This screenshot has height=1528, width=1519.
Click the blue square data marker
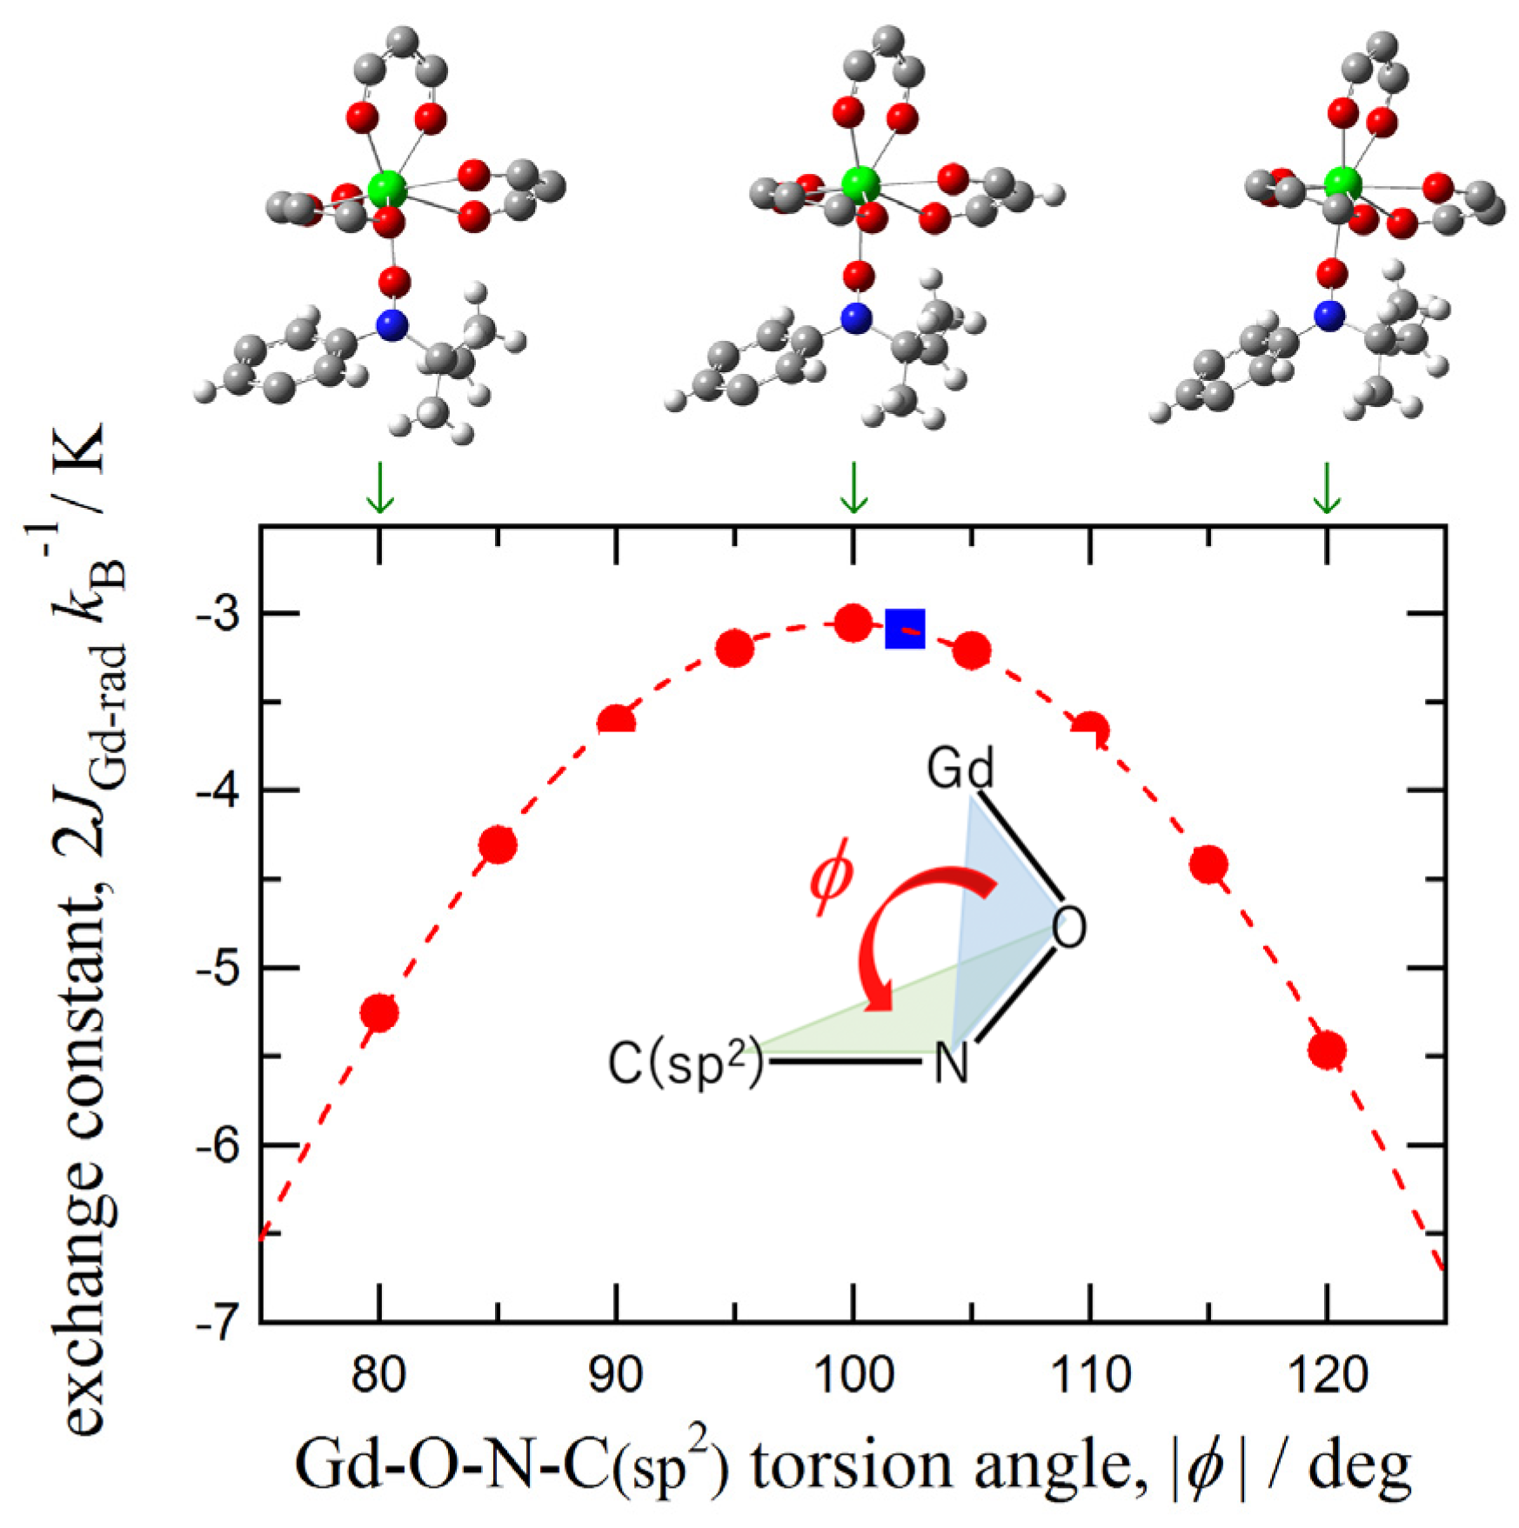point(905,628)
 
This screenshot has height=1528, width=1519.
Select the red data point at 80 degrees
point(379,1012)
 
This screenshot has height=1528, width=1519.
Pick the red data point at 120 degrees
point(1327,1050)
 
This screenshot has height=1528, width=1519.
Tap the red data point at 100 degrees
point(853,623)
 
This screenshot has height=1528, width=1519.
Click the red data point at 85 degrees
point(499,844)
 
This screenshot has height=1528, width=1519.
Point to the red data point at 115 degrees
point(1208,864)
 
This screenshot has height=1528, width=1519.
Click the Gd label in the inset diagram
point(960,769)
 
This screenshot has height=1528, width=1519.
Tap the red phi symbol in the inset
point(830,881)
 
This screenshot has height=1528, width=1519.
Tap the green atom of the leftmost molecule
point(386,188)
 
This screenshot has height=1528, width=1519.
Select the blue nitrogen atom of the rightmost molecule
point(1328,316)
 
